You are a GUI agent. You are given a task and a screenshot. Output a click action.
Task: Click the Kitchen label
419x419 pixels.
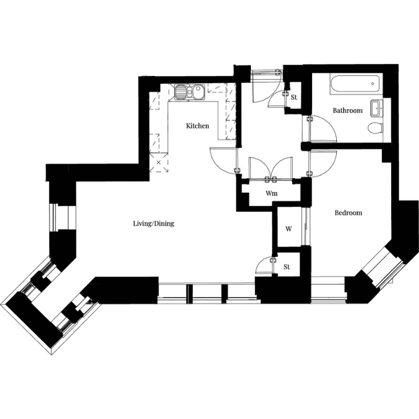click(x=197, y=126)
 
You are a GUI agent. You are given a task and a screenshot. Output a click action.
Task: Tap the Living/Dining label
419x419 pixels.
click(x=153, y=224)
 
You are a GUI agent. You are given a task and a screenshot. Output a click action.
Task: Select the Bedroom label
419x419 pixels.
click(x=348, y=213)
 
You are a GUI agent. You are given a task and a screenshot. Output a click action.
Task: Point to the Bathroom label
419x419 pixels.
click(x=348, y=110)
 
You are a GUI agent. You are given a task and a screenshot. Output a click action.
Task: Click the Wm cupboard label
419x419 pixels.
click(x=271, y=193)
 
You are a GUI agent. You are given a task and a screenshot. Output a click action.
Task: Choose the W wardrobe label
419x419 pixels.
click(x=289, y=229)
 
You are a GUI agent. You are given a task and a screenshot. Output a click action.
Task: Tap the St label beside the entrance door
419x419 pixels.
click(x=294, y=97)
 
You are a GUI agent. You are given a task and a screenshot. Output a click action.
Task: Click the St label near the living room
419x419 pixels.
click(x=286, y=267)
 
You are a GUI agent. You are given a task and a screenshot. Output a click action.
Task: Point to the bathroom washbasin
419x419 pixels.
click(x=377, y=108)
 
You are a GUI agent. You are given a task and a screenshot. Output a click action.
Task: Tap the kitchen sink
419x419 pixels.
click(x=190, y=92)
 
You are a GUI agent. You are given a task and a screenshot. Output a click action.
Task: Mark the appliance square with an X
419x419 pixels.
click(x=159, y=162)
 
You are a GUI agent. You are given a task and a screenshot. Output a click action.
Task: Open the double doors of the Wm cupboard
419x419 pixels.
click(x=270, y=168)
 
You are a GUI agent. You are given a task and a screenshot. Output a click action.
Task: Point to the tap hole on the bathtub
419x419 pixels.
click(x=372, y=84)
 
